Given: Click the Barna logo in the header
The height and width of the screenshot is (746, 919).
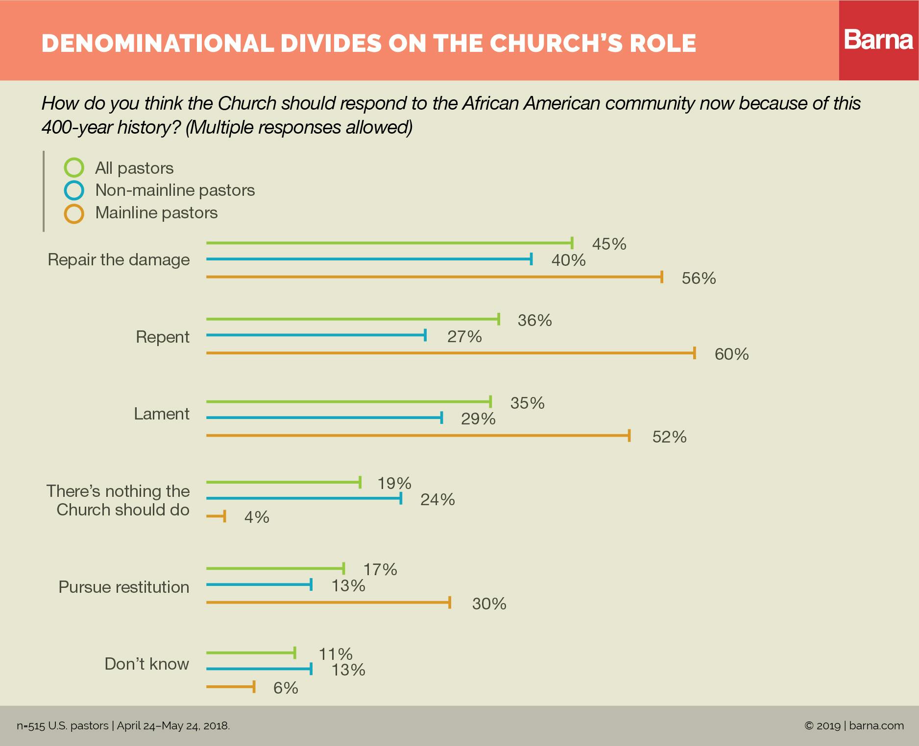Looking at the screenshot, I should tap(878, 40).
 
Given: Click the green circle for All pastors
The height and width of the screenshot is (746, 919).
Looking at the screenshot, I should tap(74, 168).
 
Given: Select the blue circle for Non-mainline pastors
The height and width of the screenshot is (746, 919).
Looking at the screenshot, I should tap(74, 190).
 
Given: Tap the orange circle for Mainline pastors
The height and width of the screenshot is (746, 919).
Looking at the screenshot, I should tap(74, 213).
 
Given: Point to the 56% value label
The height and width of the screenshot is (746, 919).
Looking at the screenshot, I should tap(699, 279).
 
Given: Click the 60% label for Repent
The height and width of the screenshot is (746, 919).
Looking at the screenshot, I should tap(731, 354).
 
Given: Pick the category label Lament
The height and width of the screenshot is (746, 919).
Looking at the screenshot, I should tap(162, 414).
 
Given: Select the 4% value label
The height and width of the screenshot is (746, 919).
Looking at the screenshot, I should tap(257, 517).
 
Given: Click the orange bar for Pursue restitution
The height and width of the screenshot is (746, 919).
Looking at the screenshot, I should tap(328, 602).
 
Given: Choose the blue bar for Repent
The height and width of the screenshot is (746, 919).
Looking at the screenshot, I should tap(316, 335).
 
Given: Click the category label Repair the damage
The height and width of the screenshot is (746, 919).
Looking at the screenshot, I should tap(119, 259).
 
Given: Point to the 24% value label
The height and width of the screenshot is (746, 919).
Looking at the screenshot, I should tap(437, 499).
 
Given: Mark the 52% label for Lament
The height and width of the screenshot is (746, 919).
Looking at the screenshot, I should tap(669, 437).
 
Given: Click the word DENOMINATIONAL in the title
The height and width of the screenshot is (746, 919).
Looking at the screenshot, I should tap(158, 44).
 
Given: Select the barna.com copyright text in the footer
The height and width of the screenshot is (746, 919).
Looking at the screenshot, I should tap(854, 725).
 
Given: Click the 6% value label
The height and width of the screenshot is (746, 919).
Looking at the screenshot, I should tap(286, 688).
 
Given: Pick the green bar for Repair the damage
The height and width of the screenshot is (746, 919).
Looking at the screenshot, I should tap(389, 242).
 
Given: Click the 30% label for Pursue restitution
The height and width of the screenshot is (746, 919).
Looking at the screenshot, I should tap(489, 604).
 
